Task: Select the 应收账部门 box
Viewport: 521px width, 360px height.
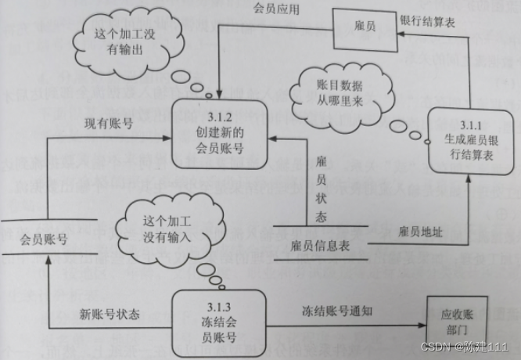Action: click(458, 322)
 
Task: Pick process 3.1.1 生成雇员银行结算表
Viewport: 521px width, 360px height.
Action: click(470, 141)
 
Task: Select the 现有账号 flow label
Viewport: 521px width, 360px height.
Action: click(108, 124)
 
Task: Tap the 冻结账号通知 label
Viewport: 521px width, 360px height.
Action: click(337, 311)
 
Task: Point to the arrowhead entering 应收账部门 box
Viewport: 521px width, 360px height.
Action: click(423, 322)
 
